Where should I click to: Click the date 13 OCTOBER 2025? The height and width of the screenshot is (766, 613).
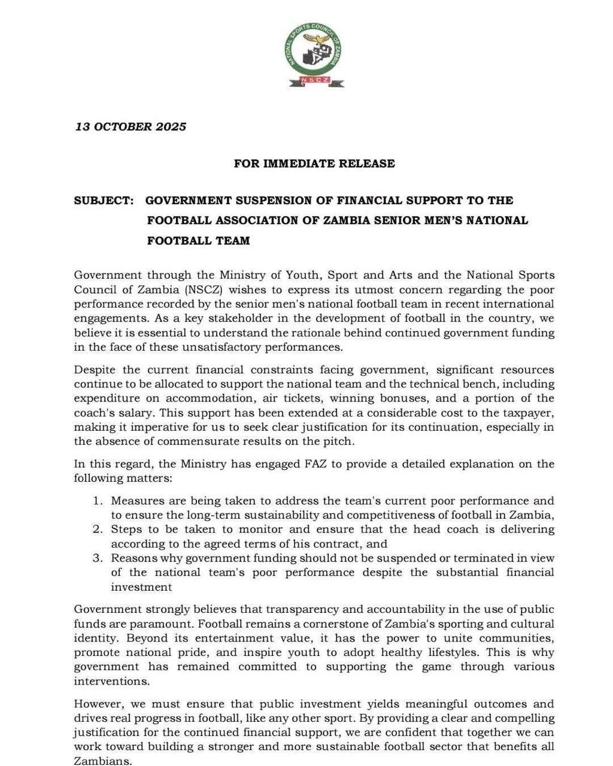[x=131, y=127]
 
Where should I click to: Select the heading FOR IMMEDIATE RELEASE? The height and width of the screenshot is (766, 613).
[x=314, y=163]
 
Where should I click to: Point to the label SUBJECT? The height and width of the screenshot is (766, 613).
[x=104, y=200]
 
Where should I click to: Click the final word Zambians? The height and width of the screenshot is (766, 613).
[x=102, y=761]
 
